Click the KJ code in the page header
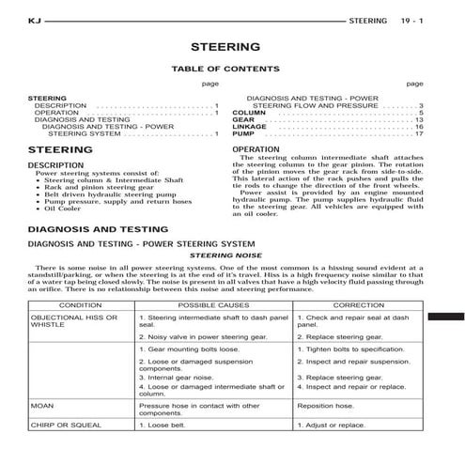[35, 19]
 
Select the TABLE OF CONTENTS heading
[225, 69]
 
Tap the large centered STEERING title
[225, 44]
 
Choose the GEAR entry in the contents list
[242, 120]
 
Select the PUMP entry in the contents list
[242, 134]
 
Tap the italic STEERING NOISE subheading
[225, 255]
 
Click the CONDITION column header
[81, 305]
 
